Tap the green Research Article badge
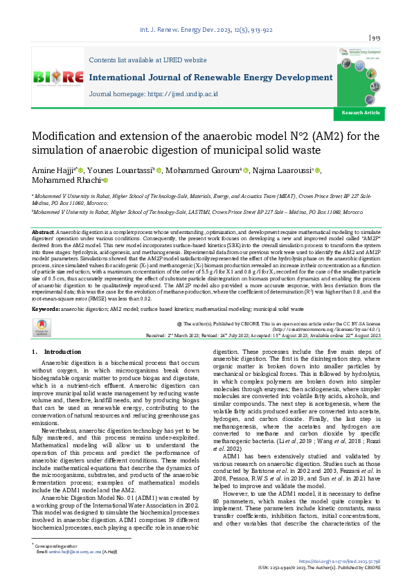click(361, 112)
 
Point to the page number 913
click(377, 38)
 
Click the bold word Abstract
click(42, 231)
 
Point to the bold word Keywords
click(45, 307)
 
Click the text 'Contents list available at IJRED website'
click(148, 61)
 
